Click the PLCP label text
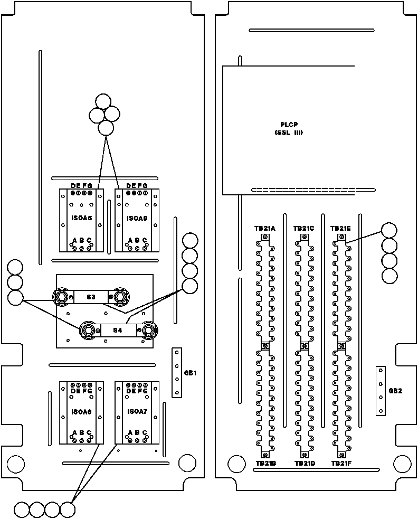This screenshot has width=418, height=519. [x=288, y=125]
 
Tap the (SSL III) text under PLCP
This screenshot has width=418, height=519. [x=288, y=133]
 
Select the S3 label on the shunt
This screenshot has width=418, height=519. [x=91, y=298]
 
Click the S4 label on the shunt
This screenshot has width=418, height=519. [x=118, y=331]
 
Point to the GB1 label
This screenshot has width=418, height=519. [x=191, y=373]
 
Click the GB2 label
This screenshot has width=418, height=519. [x=395, y=391]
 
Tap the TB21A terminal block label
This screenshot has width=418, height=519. [x=265, y=229]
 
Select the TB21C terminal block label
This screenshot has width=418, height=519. [x=303, y=229]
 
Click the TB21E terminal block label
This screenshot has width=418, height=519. [x=340, y=229]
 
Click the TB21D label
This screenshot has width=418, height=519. [x=305, y=464]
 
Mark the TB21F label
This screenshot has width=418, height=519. [x=341, y=464]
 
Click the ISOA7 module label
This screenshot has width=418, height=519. [x=136, y=411]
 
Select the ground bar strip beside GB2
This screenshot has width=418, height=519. [x=381, y=390]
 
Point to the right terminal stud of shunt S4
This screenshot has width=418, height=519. [x=148, y=331]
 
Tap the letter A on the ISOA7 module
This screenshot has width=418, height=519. [x=130, y=433]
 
